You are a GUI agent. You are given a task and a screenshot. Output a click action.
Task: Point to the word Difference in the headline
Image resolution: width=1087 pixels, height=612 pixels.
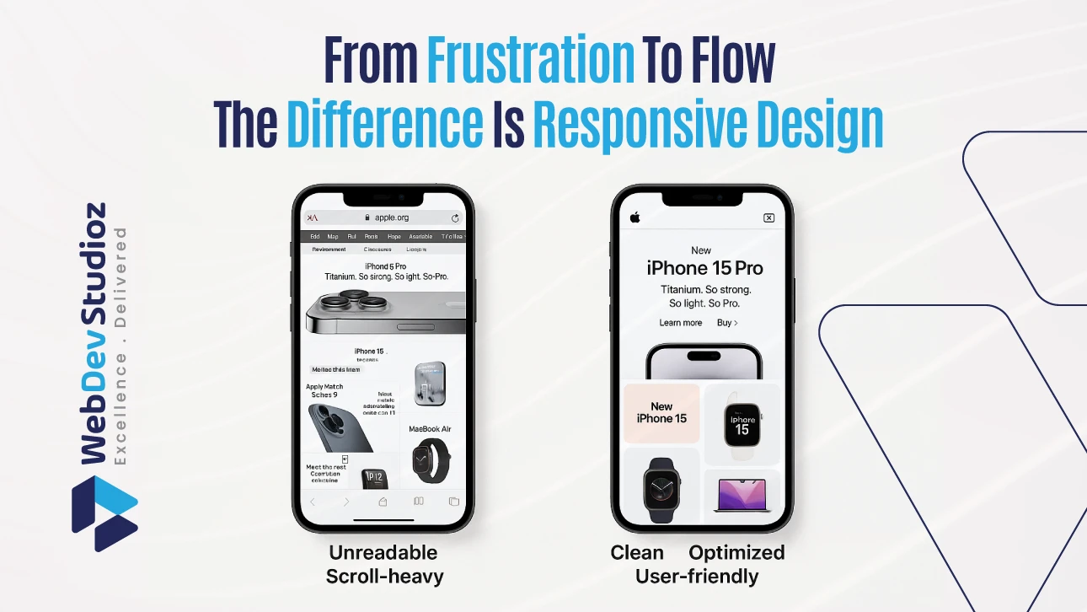click(384, 126)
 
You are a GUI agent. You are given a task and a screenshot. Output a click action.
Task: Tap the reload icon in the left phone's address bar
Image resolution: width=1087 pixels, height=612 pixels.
click(456, 217)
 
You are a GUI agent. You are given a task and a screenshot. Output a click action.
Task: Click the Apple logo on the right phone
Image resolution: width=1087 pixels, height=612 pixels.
click(635, 217)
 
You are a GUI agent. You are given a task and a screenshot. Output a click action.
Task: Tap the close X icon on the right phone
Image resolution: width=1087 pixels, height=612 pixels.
click(768, 217)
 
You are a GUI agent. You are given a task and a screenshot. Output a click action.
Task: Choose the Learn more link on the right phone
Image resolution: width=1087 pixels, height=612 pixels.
click(680, 323)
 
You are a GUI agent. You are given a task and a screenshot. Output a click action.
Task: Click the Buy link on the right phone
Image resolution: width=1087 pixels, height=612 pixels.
click(726, 323)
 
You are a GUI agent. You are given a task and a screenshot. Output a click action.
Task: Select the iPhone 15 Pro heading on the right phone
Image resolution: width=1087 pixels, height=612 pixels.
click(704, 269)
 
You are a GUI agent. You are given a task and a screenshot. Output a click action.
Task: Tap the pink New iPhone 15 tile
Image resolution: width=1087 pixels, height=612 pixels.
click(661, 413)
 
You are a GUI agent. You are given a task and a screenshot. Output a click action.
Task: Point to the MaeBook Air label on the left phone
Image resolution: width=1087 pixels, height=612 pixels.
click(430, 429)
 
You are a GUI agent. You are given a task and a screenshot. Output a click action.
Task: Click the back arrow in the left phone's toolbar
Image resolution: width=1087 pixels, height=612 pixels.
click(312, 502)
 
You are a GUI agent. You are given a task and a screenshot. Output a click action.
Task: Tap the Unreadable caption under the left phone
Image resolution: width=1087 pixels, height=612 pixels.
click(383, 553)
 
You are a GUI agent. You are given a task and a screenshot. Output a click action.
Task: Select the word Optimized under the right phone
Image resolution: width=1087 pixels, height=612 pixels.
click(736, 553)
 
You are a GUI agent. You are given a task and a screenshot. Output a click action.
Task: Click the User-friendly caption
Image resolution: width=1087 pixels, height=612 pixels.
click(697, 577)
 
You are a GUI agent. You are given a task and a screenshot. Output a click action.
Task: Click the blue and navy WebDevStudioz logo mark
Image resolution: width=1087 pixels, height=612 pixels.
click(104, 513)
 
